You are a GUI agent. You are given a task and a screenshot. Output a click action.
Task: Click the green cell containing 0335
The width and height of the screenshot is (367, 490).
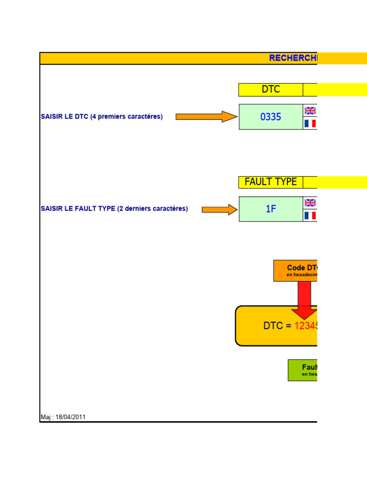point(270,117)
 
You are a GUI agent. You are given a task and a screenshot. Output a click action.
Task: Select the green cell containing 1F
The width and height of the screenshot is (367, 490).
point(270,209)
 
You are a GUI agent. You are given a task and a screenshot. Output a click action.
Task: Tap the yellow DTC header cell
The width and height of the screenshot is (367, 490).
point(270,89)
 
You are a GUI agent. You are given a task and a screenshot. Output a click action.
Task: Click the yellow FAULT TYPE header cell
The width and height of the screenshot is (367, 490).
point(270,182)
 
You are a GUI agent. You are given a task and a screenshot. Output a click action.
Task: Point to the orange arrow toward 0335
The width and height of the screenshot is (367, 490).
point(206,117)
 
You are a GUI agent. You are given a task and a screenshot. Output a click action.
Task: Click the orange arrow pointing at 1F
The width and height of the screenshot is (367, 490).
point(219,210)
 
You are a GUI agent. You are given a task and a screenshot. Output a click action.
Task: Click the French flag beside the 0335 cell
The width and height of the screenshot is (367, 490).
point(310,123)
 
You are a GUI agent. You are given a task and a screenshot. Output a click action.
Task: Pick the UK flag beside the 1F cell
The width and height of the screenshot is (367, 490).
point(310,203)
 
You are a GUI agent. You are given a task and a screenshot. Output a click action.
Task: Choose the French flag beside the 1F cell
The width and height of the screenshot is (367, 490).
point(310,216)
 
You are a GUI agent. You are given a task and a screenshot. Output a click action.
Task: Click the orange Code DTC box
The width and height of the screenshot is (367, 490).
point(295,270)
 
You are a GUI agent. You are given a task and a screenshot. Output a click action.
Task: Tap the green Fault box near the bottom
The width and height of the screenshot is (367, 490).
point(302,370)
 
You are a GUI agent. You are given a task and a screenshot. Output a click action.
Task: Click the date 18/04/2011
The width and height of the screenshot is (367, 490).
point(71,417)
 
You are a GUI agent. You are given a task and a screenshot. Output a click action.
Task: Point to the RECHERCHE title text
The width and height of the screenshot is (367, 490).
point(293,58)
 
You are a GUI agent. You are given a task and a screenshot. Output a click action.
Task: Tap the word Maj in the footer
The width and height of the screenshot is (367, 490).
point(46,417)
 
